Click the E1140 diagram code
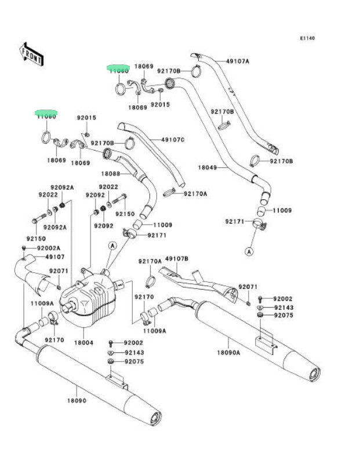pyautogui.click(x=307, y=38)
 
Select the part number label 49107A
pyautogui.click(x=237, y=61)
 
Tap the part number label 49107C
pyautogui.click(x=173, y=140)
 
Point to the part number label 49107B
pyautogui.click(x=177, y=259)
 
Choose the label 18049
pyautogui.click(x=207, y=167)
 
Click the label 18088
pyautogui.click(x=110, y=174)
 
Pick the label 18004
pyautogui.click(x=83, y=343)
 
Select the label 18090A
pyautogui.click(x=228, y=352)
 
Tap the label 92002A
pyautogui.click(x=49, y=248)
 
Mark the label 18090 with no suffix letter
pyautogui.click(x=76, y=400)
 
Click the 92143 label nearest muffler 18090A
pyautogui.click(x=283, y=308)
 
